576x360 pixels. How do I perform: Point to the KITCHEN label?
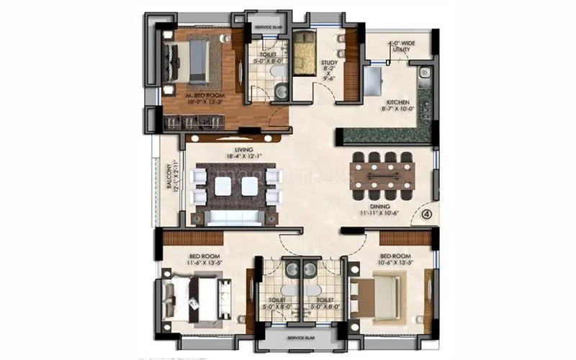(397, 102)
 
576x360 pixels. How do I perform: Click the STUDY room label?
(329, 63)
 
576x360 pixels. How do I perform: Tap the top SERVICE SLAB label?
(268, 28)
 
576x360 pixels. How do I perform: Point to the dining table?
(382, 175)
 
